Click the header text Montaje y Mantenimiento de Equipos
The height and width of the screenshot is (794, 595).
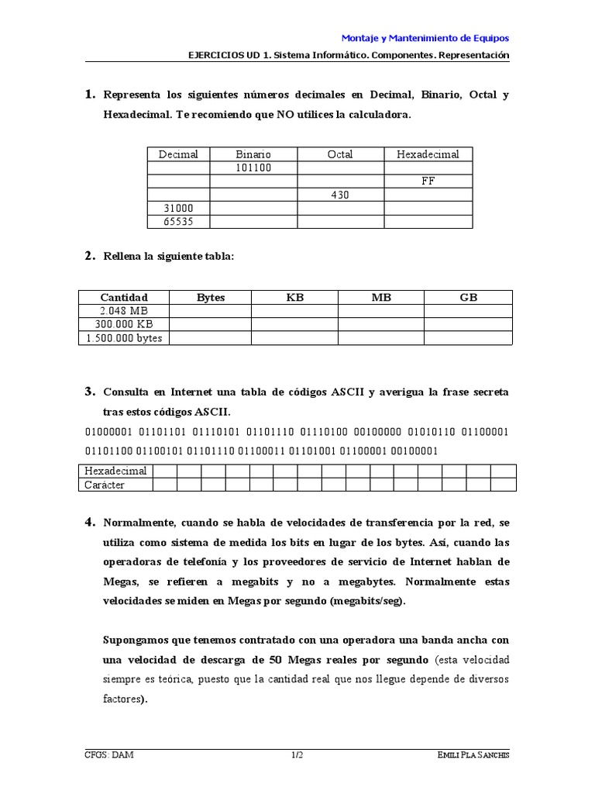pyautogui.click(x=425, y=38)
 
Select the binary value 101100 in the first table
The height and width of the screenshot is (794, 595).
pyautogui.click(x=253, y=167)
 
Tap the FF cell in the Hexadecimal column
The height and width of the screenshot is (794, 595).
pyautogui.click(x=428, y=181)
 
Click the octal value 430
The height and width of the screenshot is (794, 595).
pyautogui.click(x=340, y=195)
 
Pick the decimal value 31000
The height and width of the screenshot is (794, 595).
pyautogui.click(x=178, y=209)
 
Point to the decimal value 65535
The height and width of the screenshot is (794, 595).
pyautogui.click(x=178, y=222)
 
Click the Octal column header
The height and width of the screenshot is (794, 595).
pyautogui.click(x=340, y=154)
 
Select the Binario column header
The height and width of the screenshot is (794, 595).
pyautogui.click(x=253, y=154)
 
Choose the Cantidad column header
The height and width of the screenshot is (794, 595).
pyautogui.click(x=124, y=297)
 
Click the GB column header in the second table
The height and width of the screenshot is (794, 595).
pyautogui.click(x=468, y=297)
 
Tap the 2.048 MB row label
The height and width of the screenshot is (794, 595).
pyautogui.click(x=124, y=311)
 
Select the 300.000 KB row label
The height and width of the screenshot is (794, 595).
pyautogui.click(x=124, y=324)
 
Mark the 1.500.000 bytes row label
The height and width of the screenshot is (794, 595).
pyautogui.click(x=124, y=338)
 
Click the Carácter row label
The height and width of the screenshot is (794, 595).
pyautogui.click(x=105, y=485)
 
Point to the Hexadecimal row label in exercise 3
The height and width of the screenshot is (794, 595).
pyautogui.click(x=115, y=471)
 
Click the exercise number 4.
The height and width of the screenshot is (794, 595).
pyautogui.click(x=90, y=521)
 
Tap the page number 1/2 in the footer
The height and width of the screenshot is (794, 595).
pyautogui.click(x=297, y=755)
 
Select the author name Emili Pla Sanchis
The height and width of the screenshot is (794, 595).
pyautogui.click(x=473, y=755)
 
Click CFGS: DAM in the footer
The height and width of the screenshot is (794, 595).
pyautogui.click(x=108, y=755)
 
